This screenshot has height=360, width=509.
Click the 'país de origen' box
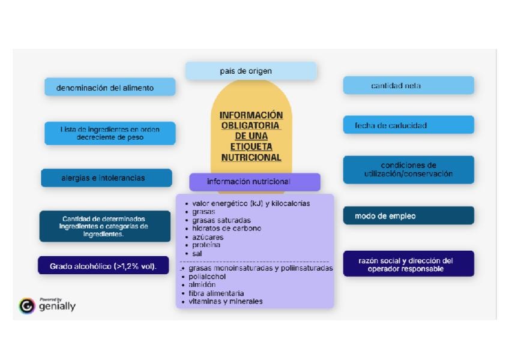(250, 71)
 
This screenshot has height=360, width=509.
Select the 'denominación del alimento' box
(110, 87)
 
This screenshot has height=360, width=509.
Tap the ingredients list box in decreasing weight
(110, 133)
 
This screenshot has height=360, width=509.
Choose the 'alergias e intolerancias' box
(106, 178)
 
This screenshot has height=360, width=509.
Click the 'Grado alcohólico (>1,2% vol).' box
(103, 266)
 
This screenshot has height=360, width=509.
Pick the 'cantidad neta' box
(408, 85)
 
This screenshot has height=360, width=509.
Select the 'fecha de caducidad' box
(408, 125)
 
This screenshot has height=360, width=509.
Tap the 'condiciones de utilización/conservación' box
(408, 170)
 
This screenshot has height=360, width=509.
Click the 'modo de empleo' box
(408, 216)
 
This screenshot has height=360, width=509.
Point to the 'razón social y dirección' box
(408, 264)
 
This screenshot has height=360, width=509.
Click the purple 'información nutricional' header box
(254, 181)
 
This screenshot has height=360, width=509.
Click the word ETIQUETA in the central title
(251, 146)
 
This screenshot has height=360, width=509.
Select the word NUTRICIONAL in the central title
(251, 157)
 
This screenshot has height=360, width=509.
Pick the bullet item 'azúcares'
(208, 237)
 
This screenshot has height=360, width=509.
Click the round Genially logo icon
(27, 306)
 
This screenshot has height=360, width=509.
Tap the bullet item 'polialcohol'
(207, 277)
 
